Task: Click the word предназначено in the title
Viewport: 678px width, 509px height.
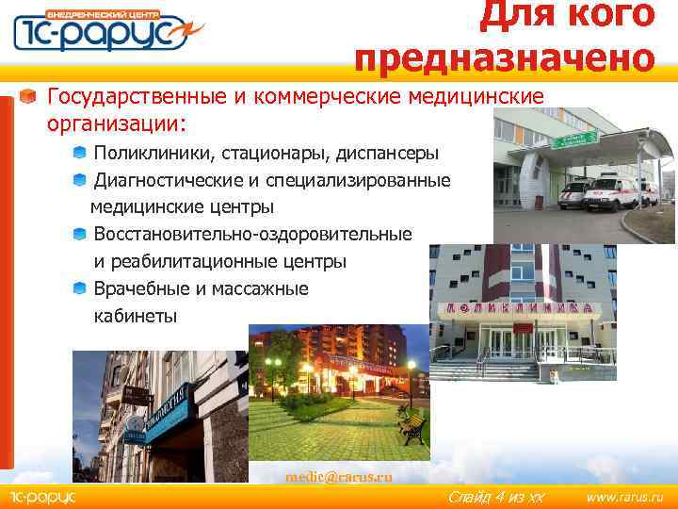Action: pos(505,57)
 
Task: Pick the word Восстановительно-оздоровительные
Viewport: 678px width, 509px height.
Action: pos(252,234)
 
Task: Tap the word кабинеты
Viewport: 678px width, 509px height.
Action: pos(136,316)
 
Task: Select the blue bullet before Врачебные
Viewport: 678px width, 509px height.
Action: pos(80,288)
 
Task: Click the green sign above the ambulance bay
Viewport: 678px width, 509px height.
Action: pos(573,140)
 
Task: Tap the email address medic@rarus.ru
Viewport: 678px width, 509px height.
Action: pos(338,477)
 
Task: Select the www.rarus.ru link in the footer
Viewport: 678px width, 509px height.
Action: pos(624,497)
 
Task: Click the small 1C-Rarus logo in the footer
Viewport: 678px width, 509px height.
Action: pos(42,497)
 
